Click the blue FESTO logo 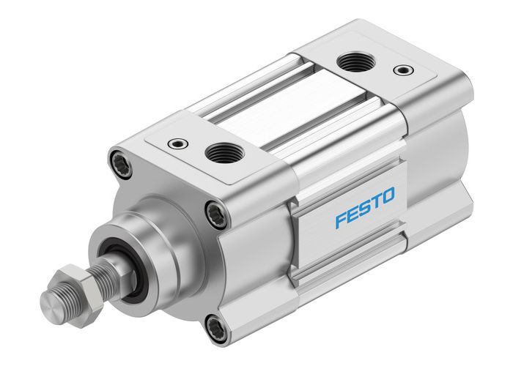pyautogui.click(x=364, y=208)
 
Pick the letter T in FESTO pyautogui.click(x=376, y=201)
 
